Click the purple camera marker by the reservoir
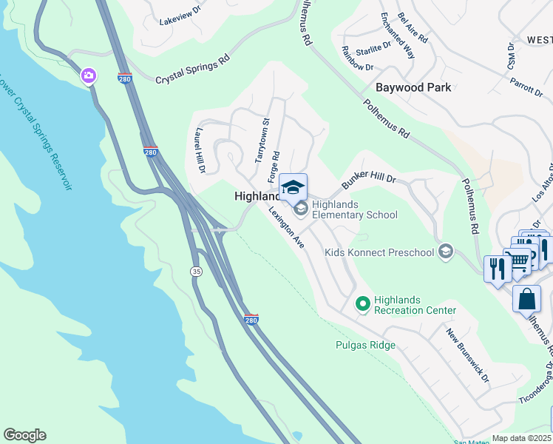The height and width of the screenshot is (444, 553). [x=89, y=75]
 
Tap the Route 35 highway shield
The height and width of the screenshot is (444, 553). [x=196, y=272]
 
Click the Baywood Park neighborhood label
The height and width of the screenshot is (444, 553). [x=413, y=87]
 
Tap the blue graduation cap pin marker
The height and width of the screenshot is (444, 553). [x=293, y=187]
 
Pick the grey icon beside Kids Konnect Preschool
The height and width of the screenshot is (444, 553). [x=445, y=252]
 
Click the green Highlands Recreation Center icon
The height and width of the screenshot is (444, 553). [x=362, y=303]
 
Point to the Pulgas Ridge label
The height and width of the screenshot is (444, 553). [x=365, y=346]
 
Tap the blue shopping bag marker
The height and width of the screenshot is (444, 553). [x=526, y=299]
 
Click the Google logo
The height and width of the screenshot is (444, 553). [x=24, y=435]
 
